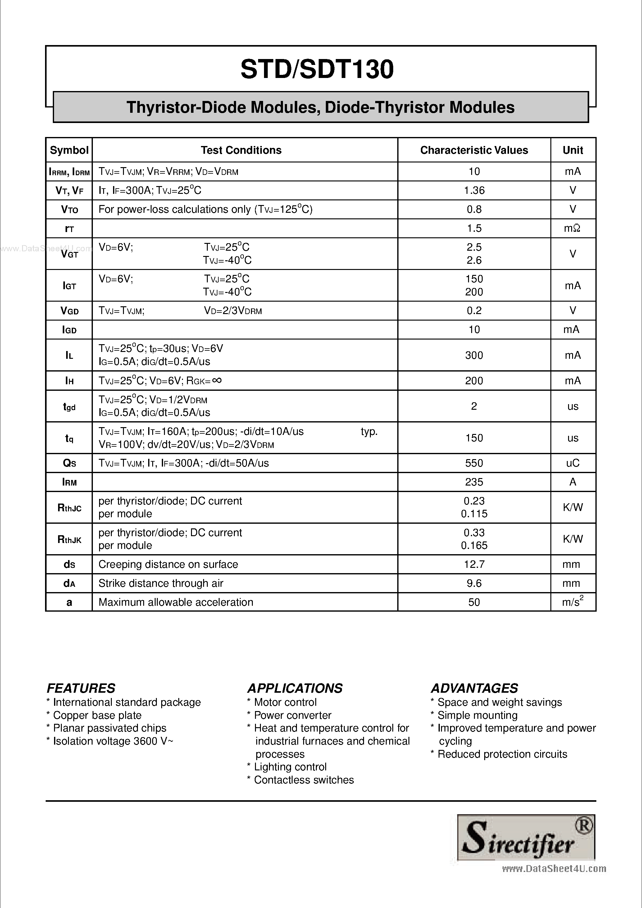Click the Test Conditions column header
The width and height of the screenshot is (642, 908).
click(x=241, y=150)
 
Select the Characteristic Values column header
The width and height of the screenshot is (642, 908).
click(x=474, y=150)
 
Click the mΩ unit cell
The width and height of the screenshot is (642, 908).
click(x=572, y=229)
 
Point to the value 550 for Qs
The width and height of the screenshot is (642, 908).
click(x=474, y=463)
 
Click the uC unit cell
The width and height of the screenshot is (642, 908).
click(x=572, y=463)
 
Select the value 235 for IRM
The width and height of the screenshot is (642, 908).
click(x=474, y=482)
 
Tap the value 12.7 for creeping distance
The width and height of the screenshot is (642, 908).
click(x=474, y=564)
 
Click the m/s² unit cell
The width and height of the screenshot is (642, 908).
click(x=572, y=602)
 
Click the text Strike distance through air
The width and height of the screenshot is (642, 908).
click(x=161, y=583)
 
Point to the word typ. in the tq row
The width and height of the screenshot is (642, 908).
click(x=369, y=431)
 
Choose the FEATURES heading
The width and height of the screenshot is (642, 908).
click(x=81, y=688)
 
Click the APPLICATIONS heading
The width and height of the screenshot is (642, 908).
click(x=295, y=688)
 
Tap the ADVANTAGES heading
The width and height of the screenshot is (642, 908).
click(x=474, y=688)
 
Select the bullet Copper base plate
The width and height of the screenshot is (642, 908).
click(x=97, y=715)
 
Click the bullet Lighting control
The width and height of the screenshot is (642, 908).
click(x=290, y=767)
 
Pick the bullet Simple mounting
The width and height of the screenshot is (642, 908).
click(x=477, y=715)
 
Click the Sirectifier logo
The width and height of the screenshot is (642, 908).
click(x=526, y=837)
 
